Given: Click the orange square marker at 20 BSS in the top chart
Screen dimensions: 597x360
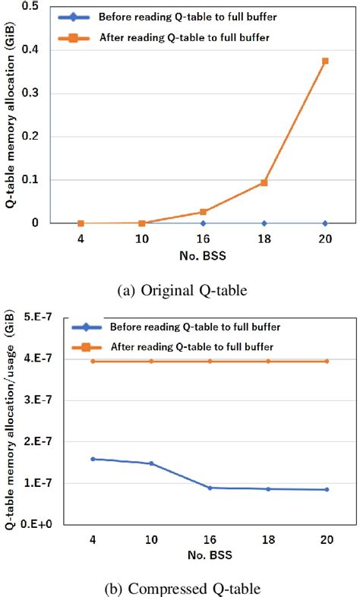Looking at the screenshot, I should (325, 61).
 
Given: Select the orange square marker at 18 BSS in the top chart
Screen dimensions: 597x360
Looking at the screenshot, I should (264, 182).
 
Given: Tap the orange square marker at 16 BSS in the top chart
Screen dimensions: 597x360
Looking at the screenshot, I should (203, 212).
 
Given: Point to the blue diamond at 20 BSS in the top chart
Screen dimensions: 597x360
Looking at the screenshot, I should (325, 223).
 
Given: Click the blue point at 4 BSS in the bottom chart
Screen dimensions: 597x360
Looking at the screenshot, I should (93, 459).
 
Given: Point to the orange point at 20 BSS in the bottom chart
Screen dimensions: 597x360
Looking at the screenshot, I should (327, 361).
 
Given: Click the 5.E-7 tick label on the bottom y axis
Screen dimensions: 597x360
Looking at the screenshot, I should (49, 317).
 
